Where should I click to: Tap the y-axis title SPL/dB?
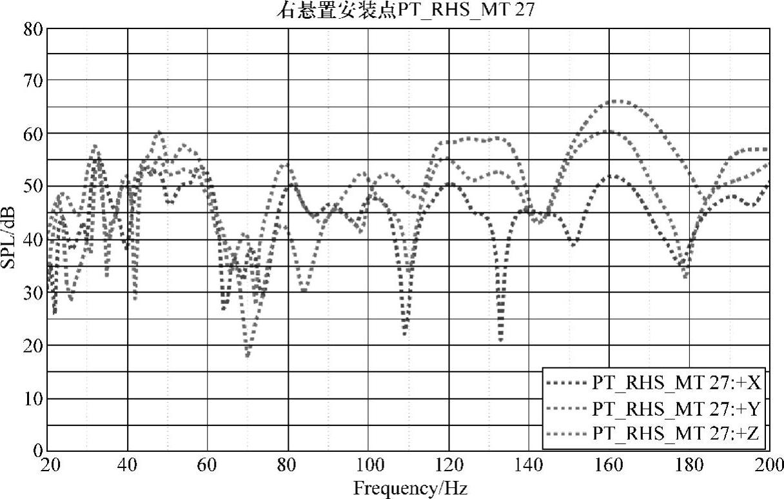pos(14,241)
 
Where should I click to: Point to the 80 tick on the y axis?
pos(34,28)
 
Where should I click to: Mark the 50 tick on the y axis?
pos(34,187)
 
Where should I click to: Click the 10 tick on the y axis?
pos(34,398)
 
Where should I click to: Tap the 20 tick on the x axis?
pos(48,465)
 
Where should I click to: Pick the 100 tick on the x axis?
pos(367,465)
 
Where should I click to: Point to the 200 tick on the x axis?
pos(769,465)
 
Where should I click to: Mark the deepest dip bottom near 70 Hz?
pos(248,354)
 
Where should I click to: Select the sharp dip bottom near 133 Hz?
pos(501,340)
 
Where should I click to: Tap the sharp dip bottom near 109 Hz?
pos(405,333)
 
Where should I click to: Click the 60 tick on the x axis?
pos(208,465)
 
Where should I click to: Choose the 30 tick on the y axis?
pos(34,292)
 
